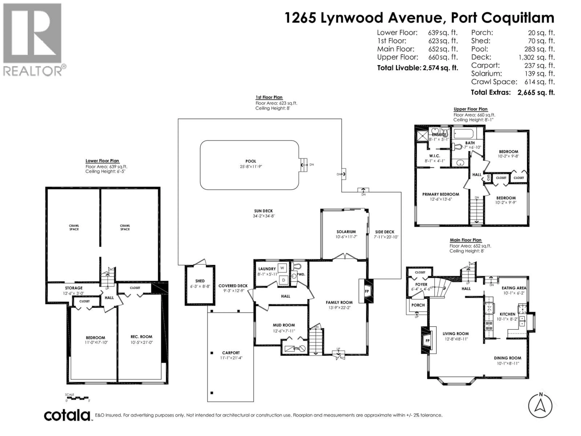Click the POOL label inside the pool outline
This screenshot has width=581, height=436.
click(251, 161)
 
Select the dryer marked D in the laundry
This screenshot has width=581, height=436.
click(284, 280)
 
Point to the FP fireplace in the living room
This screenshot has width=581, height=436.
click(427, 341)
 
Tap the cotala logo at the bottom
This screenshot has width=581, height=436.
click(67, 416)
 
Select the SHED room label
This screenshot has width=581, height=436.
click(200, 281)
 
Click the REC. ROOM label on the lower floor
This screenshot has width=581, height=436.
click(141, 337)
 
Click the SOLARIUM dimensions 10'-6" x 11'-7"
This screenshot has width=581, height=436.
click(346, 237)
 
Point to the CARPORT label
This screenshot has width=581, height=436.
click(231, 353)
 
